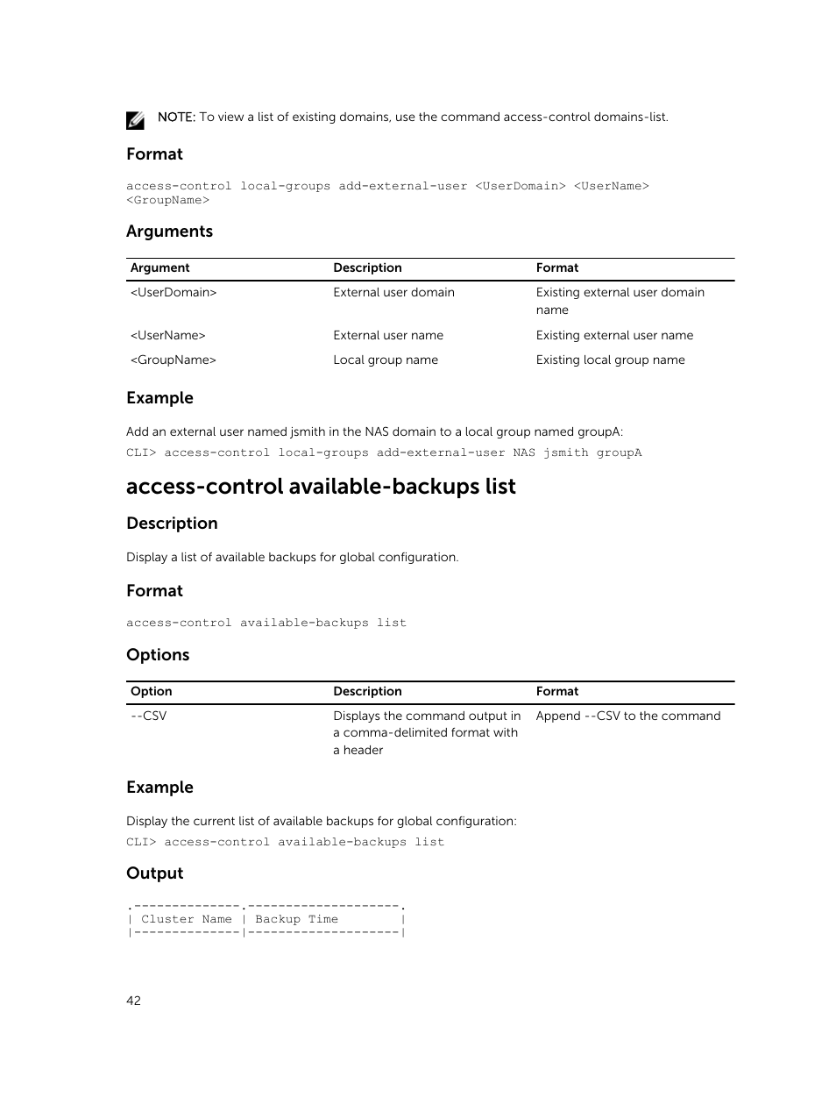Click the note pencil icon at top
(135, 120)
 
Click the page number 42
(133, 1001)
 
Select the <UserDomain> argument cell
(174, 293)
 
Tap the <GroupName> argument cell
(174, 360)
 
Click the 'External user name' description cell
(388, 336)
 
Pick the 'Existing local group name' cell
(610, 360)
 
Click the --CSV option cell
(148, 716)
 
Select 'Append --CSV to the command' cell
(627, 716)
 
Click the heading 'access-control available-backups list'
(321, 487)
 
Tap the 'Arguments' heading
(169, 232)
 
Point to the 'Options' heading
(158, 655)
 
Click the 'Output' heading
(155, 873)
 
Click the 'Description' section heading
(172, 524)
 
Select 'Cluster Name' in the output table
(187, 920)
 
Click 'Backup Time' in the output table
(296, 920)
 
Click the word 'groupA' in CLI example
(619, 453)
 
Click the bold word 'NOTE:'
(176, 118)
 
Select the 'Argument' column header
(159, 268)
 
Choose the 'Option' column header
(151, 692)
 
